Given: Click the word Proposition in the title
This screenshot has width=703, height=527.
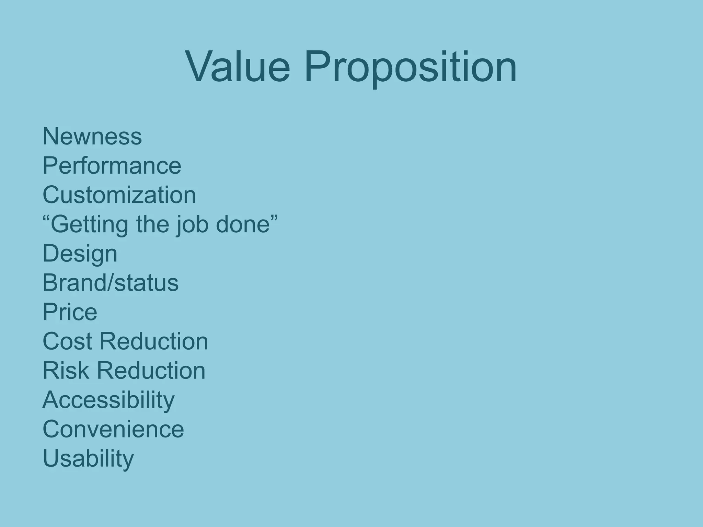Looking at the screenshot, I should [x=410, y=67].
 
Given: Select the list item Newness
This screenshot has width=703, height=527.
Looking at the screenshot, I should [x=92, y=136].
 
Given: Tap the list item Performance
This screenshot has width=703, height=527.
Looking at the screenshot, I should [x=112, y=166].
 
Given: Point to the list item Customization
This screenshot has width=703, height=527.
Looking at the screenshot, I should [x=119, y=195].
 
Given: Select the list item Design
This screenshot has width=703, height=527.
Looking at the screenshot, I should [x=80, y=254].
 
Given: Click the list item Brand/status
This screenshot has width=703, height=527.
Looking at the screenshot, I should [x=111, y=283].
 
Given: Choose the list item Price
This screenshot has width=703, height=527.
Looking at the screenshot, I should [x=70, y=312].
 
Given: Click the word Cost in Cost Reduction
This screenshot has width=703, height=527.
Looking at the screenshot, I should [x=68, y=341].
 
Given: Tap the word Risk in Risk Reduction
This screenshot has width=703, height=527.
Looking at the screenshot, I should [x=66, y=371].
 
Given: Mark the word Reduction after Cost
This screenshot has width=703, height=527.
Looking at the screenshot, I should [x=154, y=341].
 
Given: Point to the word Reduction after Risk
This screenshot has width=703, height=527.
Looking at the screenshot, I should [x=151, y=371].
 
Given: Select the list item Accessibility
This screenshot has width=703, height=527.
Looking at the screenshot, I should [x=108, y=400].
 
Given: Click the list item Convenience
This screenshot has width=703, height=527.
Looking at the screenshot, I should [x=113, y=429].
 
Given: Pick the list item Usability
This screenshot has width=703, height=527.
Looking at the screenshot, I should [x=88, y=459].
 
